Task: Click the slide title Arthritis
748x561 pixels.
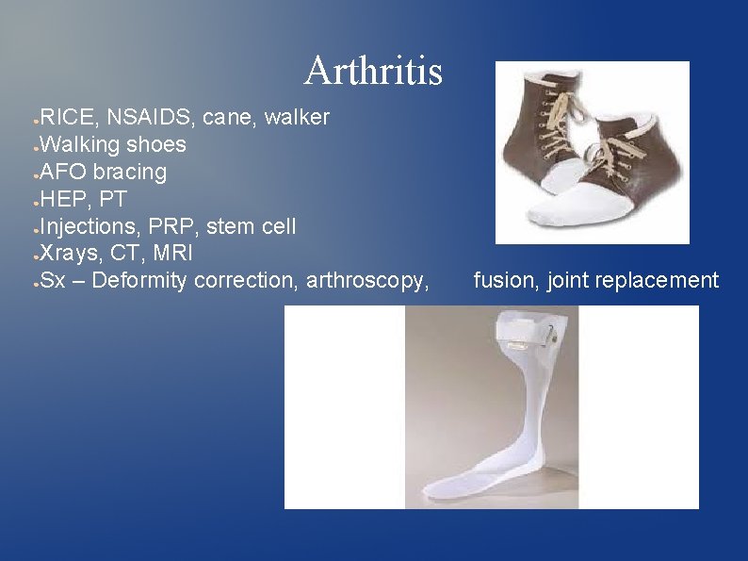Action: pyautogui.click(x=373, y=71)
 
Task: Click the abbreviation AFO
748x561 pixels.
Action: pyautogui.click(x=64, y=173)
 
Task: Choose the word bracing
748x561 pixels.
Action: pyautogui.click(x=130, y=173)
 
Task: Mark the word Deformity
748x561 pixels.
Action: pyautogui.click(x=143, y=281)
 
